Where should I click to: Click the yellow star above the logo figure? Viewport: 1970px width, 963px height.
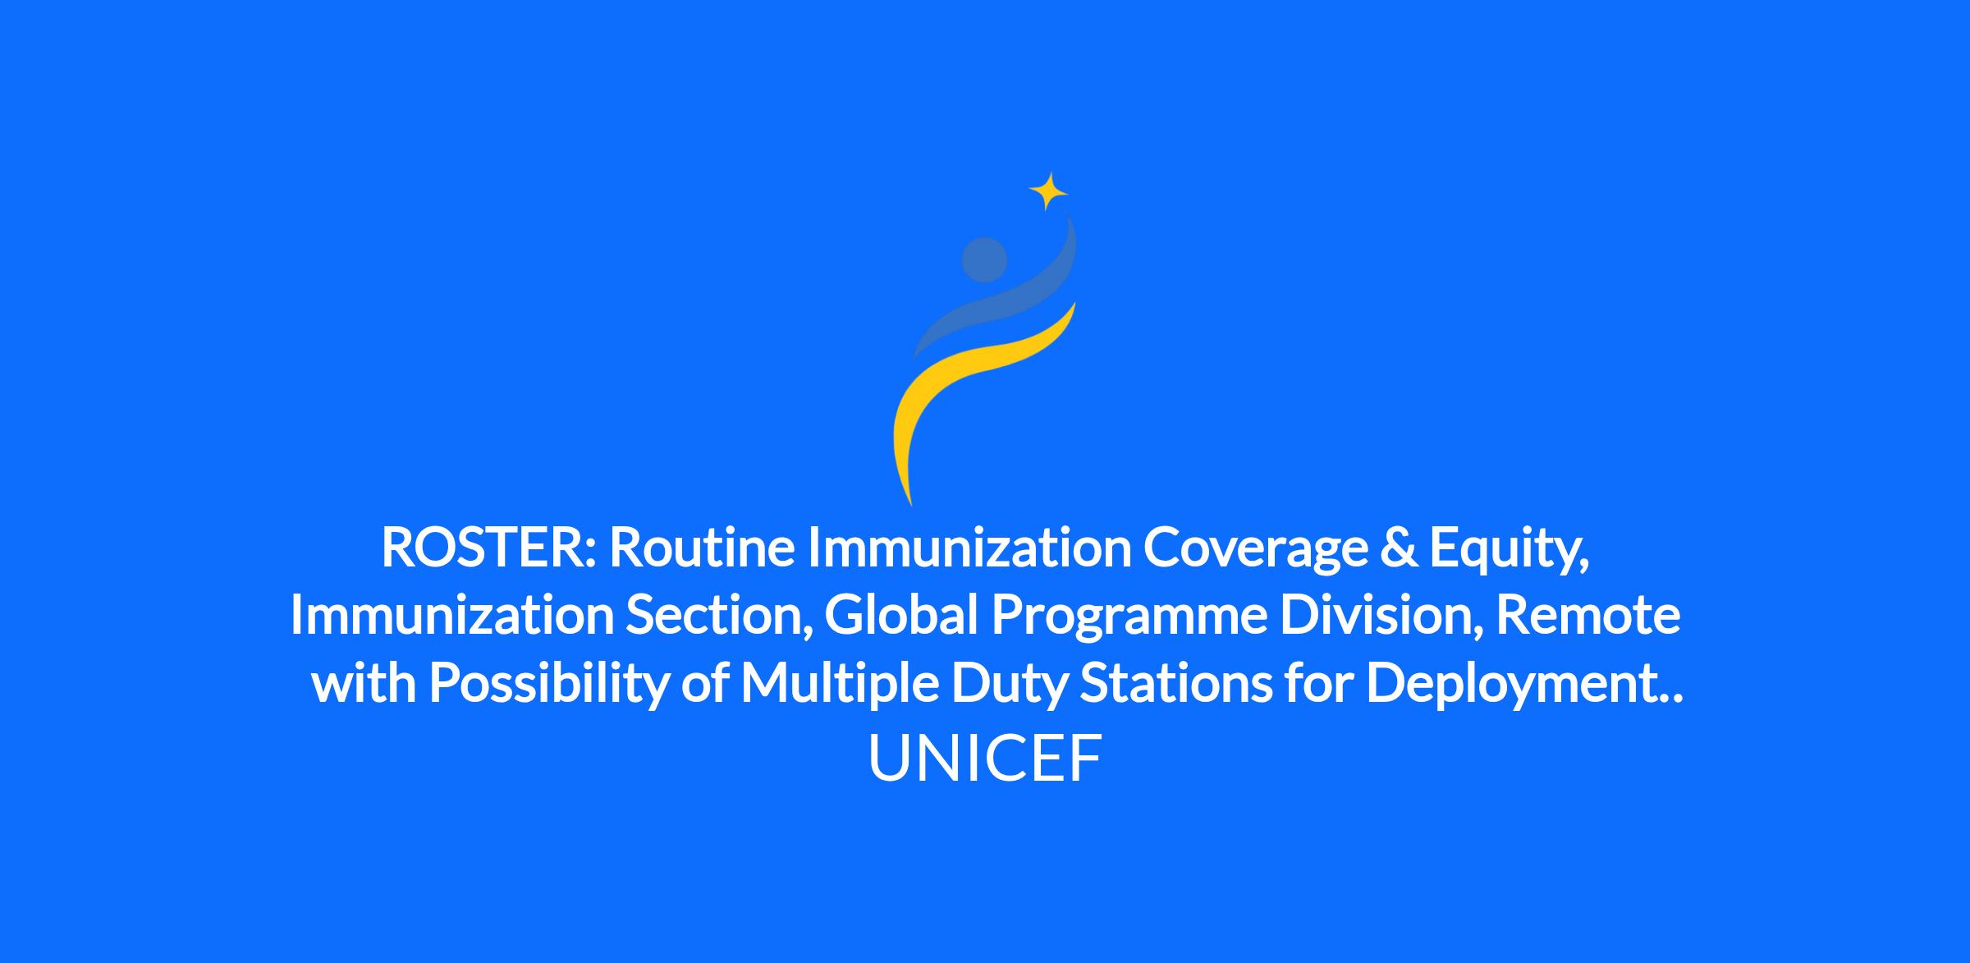tap(1047, 192)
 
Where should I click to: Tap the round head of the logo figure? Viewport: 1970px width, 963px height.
tap(984, 259)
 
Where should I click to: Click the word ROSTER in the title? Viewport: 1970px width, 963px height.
tap(483, 548)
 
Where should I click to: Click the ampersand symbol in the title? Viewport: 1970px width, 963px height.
tap(1399, 548)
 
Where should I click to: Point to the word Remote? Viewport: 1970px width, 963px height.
tap(1588, 616)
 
